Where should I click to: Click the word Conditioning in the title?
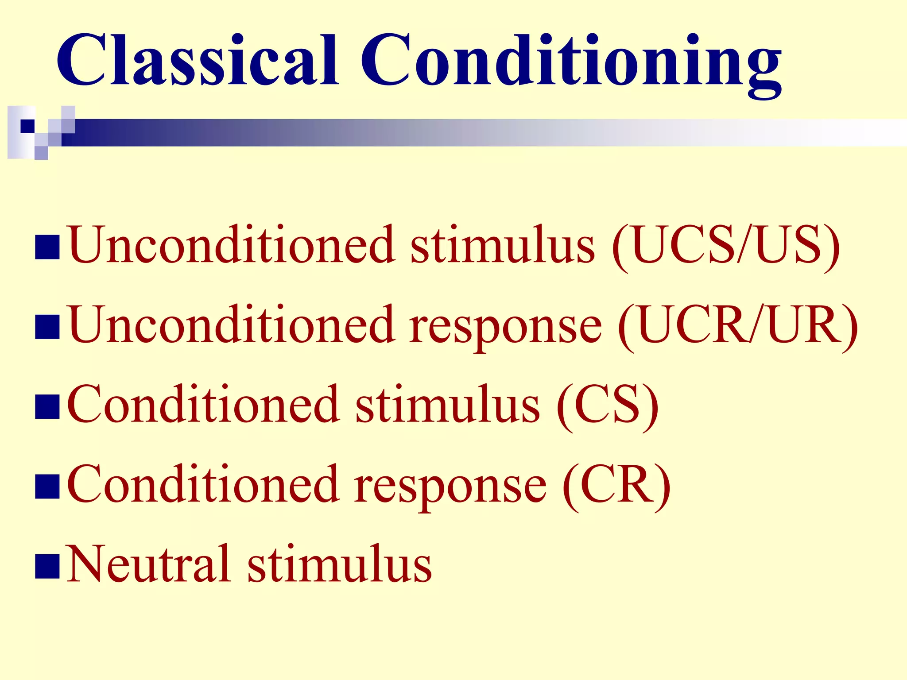coord(571,62)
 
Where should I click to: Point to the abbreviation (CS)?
coord(608,406)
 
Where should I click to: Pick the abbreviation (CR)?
coord(616,486)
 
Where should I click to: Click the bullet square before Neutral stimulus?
coord(47,566)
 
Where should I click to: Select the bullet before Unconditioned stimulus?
coord(47,247)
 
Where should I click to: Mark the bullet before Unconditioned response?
coord(47,327)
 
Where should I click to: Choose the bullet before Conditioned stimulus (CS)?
coord(47,407)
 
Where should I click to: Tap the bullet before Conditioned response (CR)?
coord(47,487)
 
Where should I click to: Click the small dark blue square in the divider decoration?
coord(27,126)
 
